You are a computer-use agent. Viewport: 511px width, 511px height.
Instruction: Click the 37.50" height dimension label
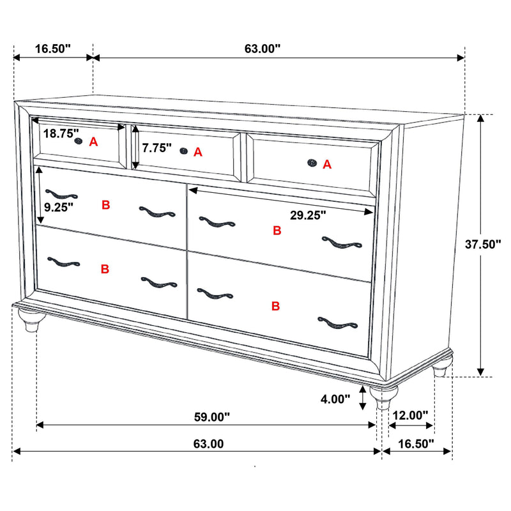485,243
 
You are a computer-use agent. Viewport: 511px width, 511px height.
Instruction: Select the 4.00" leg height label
335,399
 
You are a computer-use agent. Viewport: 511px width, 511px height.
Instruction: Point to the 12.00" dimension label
410,415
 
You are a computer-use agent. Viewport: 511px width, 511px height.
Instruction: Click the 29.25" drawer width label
308,215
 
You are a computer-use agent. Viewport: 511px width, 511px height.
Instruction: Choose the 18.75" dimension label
61,134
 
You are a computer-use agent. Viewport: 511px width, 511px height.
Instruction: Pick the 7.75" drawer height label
157,148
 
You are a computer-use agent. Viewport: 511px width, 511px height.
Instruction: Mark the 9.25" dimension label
59,206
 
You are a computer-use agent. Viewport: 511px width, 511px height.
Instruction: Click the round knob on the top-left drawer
79,141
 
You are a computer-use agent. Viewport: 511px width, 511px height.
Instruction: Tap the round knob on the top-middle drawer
184,151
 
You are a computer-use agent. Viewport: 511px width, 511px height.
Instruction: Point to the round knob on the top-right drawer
312,163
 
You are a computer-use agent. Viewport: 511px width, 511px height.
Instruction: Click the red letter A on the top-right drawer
327,165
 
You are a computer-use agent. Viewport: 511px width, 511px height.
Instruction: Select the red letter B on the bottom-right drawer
276,307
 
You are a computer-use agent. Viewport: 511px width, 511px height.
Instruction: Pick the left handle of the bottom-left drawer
63,262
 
